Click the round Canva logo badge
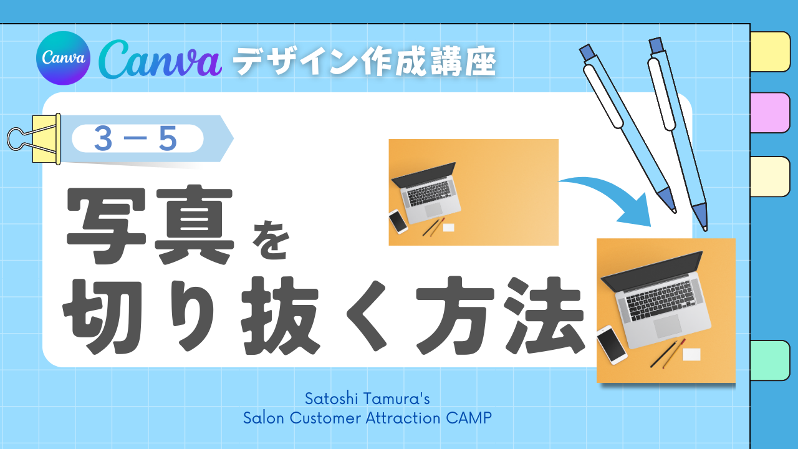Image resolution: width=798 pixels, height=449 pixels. click(63, 58)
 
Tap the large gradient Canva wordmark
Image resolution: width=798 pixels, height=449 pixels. click(160, 59)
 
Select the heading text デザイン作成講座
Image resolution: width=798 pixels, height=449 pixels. click(365, 61)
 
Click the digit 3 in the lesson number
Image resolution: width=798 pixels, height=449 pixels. click(103, 138)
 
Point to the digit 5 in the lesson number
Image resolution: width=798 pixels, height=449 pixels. click(168, 138)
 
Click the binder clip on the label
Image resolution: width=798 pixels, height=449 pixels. click(34, 139)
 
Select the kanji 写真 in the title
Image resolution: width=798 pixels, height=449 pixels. click(150, 225)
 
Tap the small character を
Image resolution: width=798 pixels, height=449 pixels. click(271, 240)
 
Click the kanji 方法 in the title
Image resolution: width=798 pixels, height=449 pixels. click(500, 316)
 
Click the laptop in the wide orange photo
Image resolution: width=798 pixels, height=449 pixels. click(426, 193)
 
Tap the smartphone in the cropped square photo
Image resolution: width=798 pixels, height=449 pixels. click(612, 344)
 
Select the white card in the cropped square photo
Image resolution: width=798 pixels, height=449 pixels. click(691, 355)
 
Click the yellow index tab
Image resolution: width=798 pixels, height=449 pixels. click(770, 52)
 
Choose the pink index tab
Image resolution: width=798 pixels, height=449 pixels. click(770, 113)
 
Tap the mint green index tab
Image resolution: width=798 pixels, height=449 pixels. click(770, 360)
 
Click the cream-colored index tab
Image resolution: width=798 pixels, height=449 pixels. click(770, 176)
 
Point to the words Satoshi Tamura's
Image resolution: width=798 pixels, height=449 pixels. click(367, 398)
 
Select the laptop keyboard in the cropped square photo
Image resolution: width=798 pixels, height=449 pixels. click(661, 301)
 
